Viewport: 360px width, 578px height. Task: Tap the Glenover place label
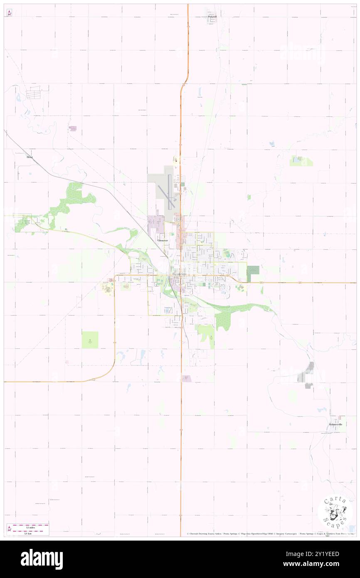click(163, 241)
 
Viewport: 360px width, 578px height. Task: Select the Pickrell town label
click(212, 17)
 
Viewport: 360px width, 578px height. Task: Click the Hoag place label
click(30, 158)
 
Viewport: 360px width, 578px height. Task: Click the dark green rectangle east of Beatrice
click(253, 273)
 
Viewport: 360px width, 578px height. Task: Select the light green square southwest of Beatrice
click(90, 340)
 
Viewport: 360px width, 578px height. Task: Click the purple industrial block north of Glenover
click(156, 225)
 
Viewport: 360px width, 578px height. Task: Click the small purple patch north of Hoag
click(73, 128)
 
